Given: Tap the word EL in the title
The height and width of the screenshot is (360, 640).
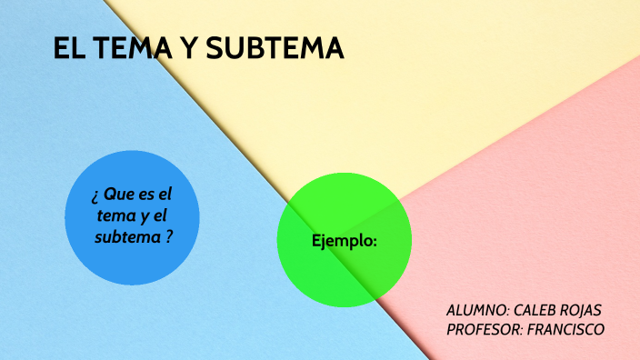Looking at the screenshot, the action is pos(66,49).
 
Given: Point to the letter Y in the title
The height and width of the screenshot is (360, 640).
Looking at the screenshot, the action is pos(185,49).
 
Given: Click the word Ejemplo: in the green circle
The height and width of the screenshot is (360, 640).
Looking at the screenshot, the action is pos(345,241).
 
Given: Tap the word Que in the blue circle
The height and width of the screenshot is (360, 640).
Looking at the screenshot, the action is pos(119,195).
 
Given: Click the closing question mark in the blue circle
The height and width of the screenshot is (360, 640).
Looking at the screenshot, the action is pos(169,236).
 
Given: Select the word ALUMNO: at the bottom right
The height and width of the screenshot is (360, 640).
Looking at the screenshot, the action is pos(477,310).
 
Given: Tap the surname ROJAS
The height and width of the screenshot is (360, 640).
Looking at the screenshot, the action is pos(582,310).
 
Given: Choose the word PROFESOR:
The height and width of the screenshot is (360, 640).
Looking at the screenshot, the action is pos(484,329).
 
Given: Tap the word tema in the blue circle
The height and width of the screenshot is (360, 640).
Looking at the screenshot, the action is pos(115,215).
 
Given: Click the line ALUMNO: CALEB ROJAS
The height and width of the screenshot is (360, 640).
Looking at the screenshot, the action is pos(524,310).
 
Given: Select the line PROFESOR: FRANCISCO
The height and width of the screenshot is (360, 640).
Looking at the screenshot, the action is pos(525,329).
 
